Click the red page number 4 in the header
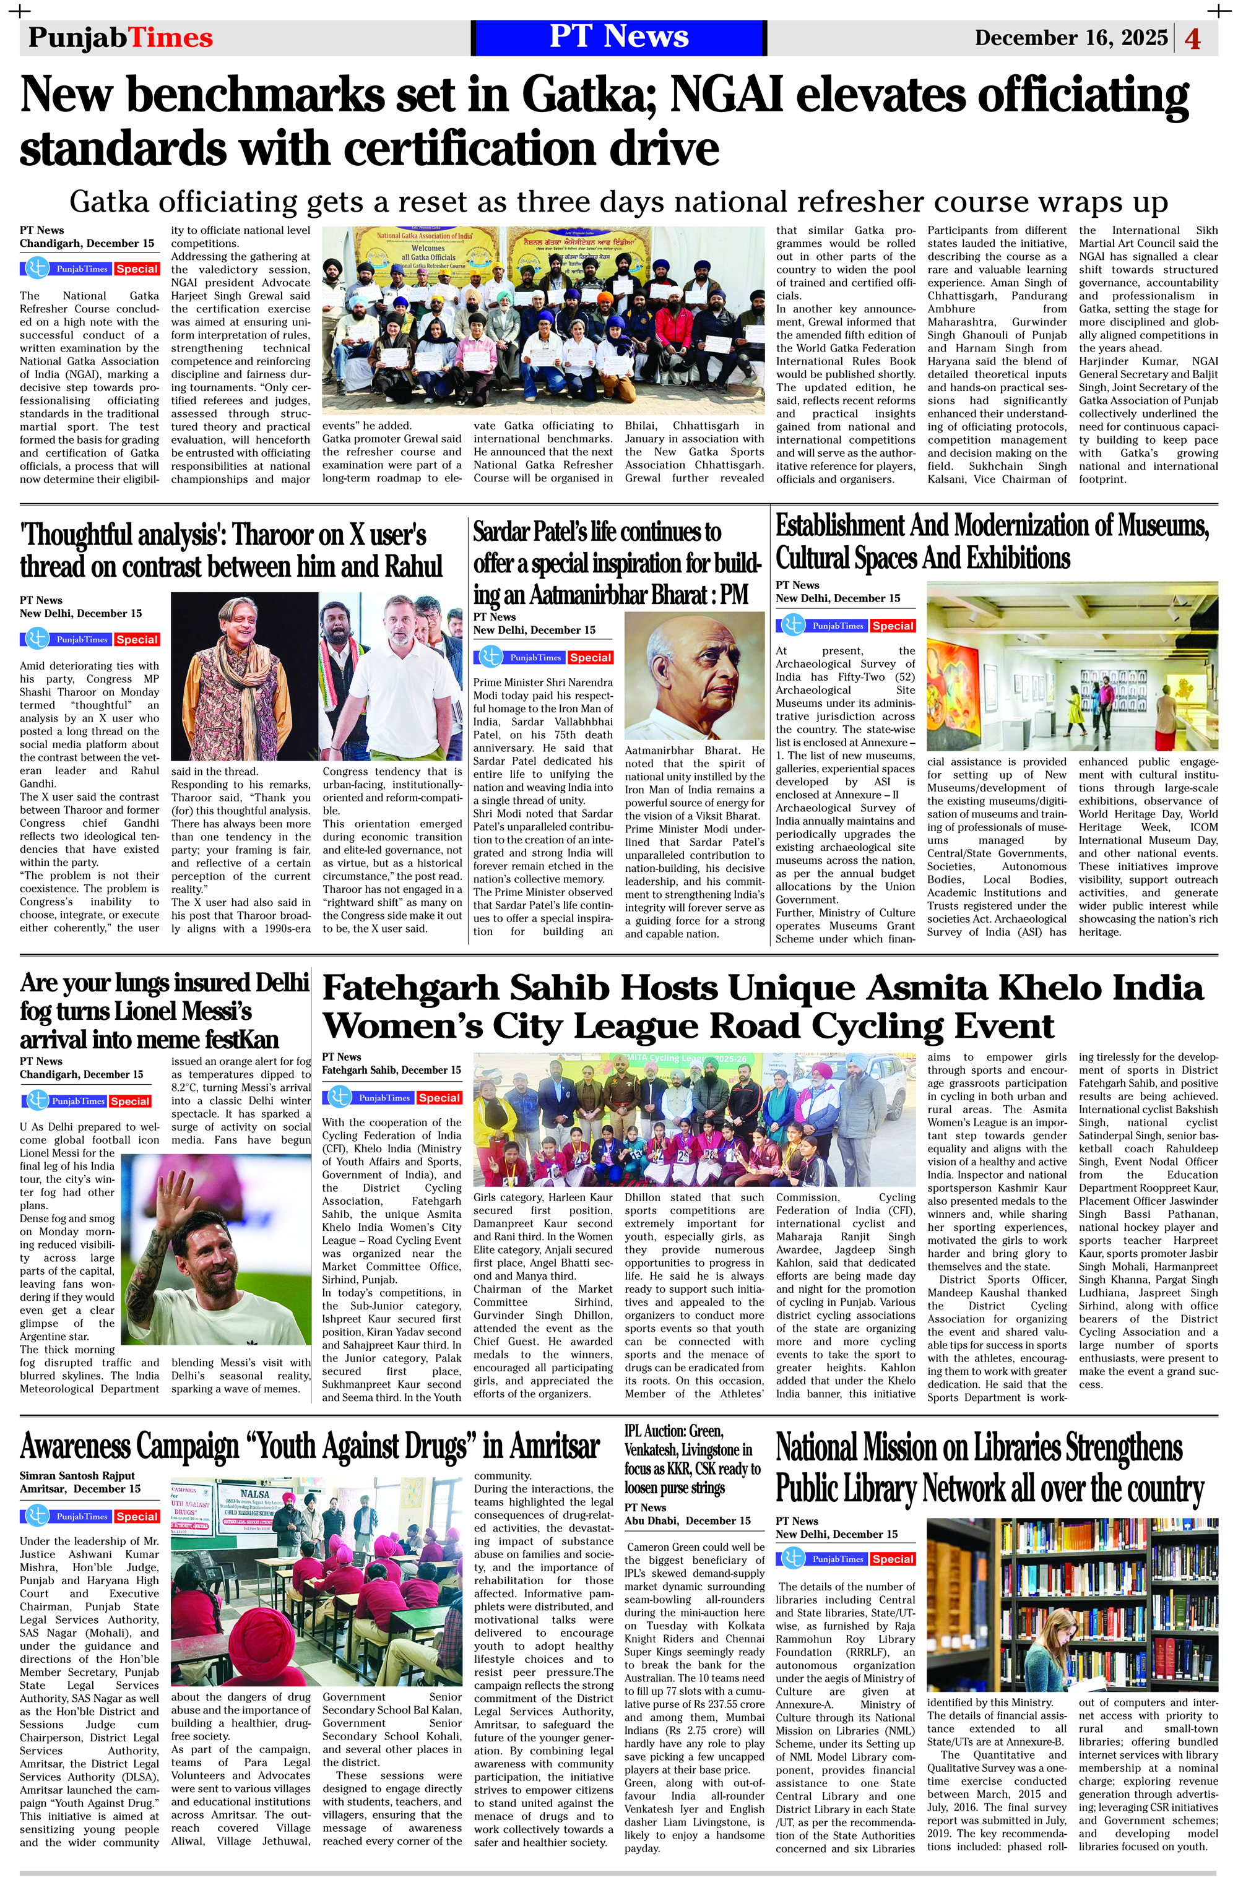point(1193,38)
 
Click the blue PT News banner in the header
point(618,37)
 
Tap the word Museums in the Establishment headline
point(1162,526)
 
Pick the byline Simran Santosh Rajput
point(77,1475)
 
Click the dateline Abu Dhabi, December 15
point(688,1520)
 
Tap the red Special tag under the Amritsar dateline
point(137,1517)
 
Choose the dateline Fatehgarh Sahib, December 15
point(391,1070)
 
